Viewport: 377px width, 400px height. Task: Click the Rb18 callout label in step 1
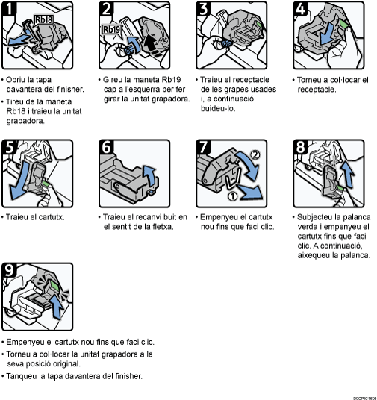pos(44,20)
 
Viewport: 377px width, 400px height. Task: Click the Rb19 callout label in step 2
pos(111,30)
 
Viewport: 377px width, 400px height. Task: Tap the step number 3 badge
pos(204,8)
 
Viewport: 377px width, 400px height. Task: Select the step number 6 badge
pos(106,147)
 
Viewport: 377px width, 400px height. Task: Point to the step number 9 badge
pos(9,270)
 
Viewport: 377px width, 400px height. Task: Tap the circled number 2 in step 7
pos(255,154)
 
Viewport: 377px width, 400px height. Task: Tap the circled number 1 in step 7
pos(232,196)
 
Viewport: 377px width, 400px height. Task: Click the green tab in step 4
pos(343,24)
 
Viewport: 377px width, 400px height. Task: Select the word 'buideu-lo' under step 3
pos(218,109)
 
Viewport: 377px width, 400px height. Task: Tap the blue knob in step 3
pos(226,43)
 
